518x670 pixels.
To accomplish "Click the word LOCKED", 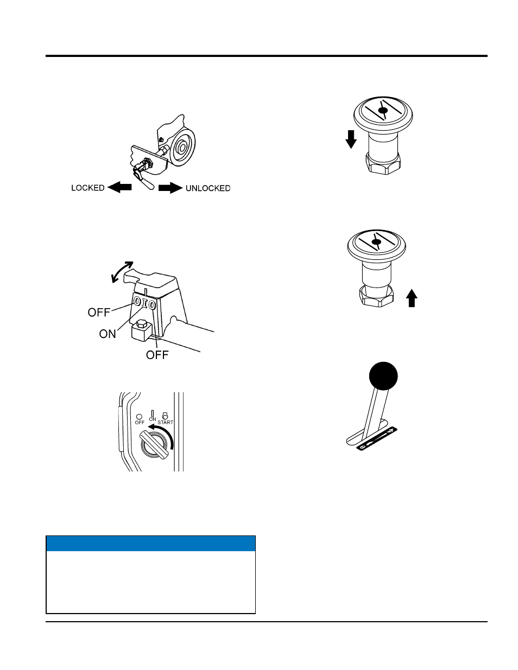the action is coord(88,188).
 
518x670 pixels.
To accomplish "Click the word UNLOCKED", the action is coord(208,188).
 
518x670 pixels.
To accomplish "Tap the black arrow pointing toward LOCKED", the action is coord(119,187).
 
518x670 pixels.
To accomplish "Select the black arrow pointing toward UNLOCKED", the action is coord(170,188).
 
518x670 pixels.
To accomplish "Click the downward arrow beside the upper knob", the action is coord(351,139).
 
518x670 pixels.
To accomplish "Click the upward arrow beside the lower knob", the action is coord(412,298).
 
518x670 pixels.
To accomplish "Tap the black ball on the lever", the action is coord(383,376).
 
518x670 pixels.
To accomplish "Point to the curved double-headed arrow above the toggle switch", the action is coord(122,272).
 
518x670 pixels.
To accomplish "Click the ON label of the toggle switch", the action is coord(108,334).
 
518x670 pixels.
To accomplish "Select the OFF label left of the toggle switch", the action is coord(99,312).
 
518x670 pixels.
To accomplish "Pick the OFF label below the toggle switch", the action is coord(157,355).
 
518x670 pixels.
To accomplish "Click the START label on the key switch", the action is coord(166,422).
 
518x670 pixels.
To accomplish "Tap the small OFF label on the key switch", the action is coord(140,423).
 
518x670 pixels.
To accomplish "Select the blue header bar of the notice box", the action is coord(150,543).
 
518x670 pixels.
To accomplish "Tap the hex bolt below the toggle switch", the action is coord(141,330).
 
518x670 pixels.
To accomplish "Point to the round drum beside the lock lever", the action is coord(182,147).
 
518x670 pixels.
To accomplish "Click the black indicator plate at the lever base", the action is coord(377,438).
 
